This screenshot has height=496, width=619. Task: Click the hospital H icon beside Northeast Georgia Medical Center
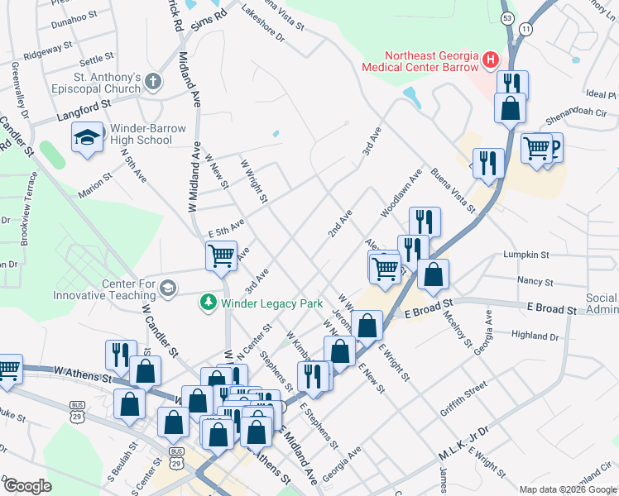(492, 60)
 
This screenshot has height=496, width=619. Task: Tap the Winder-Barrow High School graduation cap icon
(86, 138)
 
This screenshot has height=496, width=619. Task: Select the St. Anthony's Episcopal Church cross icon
(152, 81)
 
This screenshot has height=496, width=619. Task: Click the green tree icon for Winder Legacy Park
(209, 303)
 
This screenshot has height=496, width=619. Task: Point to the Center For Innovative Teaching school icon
(168, 288)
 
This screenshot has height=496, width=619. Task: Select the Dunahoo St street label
(74, 17)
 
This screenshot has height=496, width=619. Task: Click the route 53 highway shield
(507, 17)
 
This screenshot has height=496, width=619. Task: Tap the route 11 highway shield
(526, 29)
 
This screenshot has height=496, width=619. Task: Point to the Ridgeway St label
(43, 54)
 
